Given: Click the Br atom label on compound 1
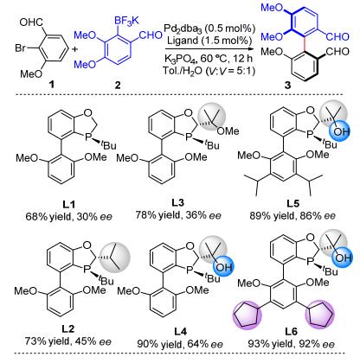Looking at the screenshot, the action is (21, 48).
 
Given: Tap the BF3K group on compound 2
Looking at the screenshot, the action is (126, 22).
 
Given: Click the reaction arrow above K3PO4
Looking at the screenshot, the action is (210, 49).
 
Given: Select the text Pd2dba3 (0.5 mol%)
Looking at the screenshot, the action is (210, 29).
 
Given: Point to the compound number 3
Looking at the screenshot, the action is (287, 86).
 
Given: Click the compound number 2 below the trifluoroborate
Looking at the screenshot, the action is (118, 86).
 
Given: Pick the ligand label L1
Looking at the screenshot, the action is (68, 205).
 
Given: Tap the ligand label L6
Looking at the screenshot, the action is (291, 332).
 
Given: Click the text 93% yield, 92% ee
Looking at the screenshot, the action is (292, 344).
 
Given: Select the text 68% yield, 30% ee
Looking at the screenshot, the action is (68, 216).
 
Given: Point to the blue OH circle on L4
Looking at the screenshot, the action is (223, 266).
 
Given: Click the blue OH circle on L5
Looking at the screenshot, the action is (340, 131).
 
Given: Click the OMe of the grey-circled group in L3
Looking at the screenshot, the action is (228, 131).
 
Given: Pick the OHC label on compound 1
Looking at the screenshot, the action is (31, 22).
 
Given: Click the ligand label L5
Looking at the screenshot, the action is (293, 203).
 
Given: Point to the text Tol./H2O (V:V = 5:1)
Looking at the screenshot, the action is (209, 70).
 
